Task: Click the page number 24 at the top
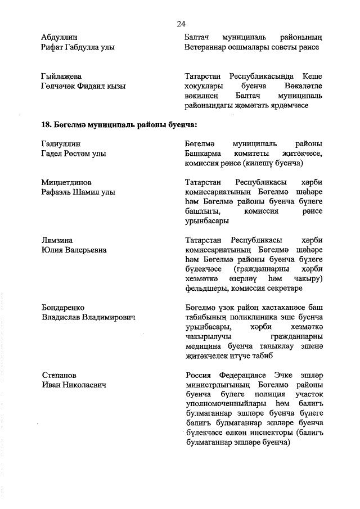[181, 23]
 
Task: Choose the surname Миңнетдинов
[66, 182]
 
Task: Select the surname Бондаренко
[63, 308]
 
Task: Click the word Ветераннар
[206, 48]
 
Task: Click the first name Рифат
[53, 48]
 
